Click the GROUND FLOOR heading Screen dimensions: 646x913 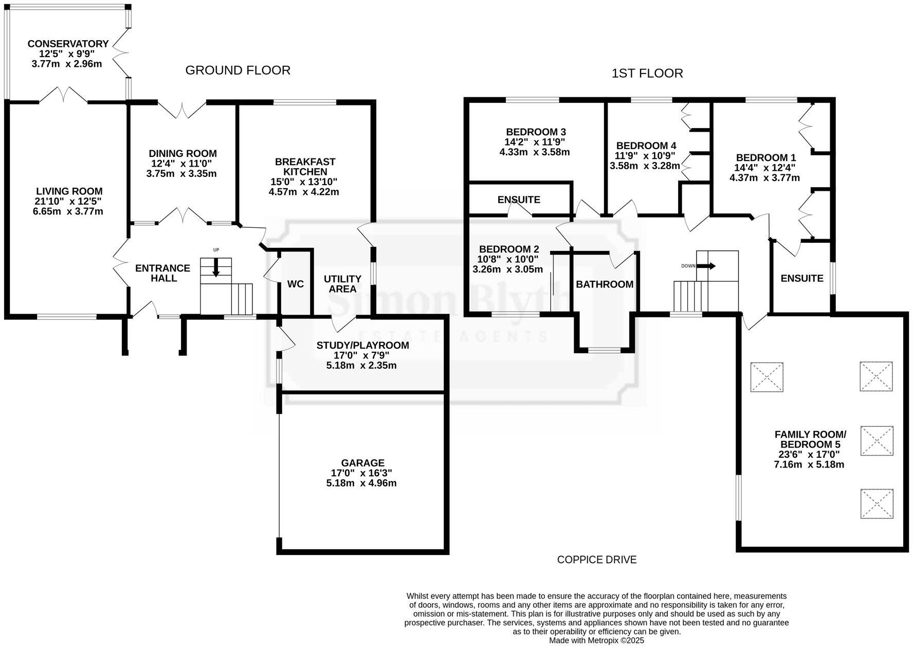238,70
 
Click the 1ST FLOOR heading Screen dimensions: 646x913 647,74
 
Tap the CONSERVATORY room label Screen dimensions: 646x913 68,44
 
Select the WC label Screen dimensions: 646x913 295,284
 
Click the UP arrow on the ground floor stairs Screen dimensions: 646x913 215,266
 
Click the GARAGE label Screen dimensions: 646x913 362,463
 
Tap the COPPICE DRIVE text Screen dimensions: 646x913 596,560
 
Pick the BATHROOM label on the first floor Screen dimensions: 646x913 604,284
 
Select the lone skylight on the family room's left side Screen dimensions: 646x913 766,377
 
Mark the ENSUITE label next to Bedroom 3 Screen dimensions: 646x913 519,200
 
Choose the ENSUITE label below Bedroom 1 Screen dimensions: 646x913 801,278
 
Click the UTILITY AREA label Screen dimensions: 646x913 342,284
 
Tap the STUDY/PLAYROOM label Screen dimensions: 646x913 362,345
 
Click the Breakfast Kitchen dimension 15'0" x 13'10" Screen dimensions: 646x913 304,182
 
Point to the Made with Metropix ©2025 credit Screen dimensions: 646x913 596,640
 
